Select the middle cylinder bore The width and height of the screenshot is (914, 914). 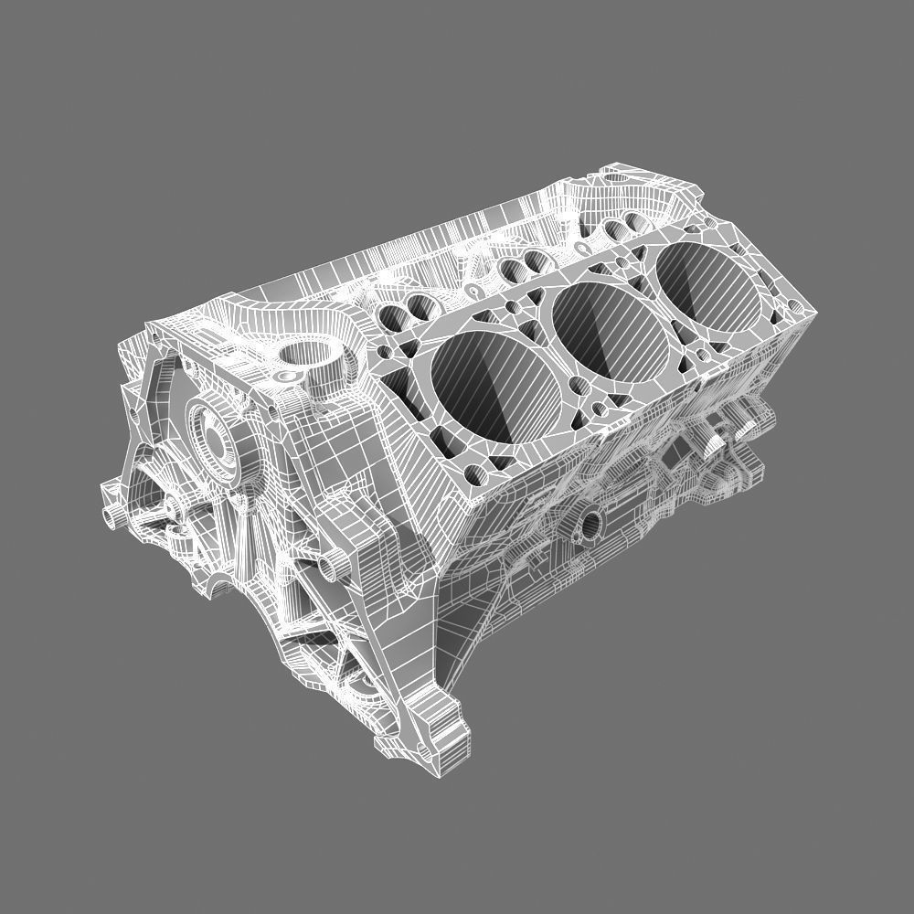click(x=604, y=326)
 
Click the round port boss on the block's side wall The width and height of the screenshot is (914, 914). click(x=590, y=524)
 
